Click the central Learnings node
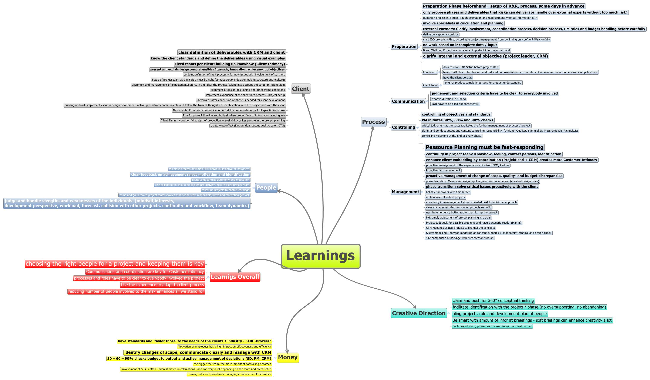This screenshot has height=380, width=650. (321, 256)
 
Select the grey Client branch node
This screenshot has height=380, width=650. (300, 89)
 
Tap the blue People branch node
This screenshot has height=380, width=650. (266, 188)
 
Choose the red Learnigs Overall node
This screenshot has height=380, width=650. (235, 277)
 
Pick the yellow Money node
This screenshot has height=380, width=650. (288, 357)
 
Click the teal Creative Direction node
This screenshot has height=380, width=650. (419, 313)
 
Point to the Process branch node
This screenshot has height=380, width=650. (373, 122)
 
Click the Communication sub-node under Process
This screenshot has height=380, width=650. (408, 101)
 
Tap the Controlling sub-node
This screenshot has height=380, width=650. (403, 127)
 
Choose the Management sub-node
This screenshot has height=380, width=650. (405, 192)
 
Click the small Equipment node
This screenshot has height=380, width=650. (430, 72)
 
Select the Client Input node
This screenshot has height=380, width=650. (430, 85)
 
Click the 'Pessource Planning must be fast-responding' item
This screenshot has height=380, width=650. (484, 147)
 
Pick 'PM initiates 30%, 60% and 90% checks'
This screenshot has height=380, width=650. (457, 120)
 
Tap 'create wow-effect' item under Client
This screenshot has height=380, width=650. (248, 126)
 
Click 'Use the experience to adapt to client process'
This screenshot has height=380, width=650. (162, 285)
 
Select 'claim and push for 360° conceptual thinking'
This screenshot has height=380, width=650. (493, 301)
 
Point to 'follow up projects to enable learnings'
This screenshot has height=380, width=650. (225, 190)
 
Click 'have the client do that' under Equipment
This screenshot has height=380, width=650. (457, 78)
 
